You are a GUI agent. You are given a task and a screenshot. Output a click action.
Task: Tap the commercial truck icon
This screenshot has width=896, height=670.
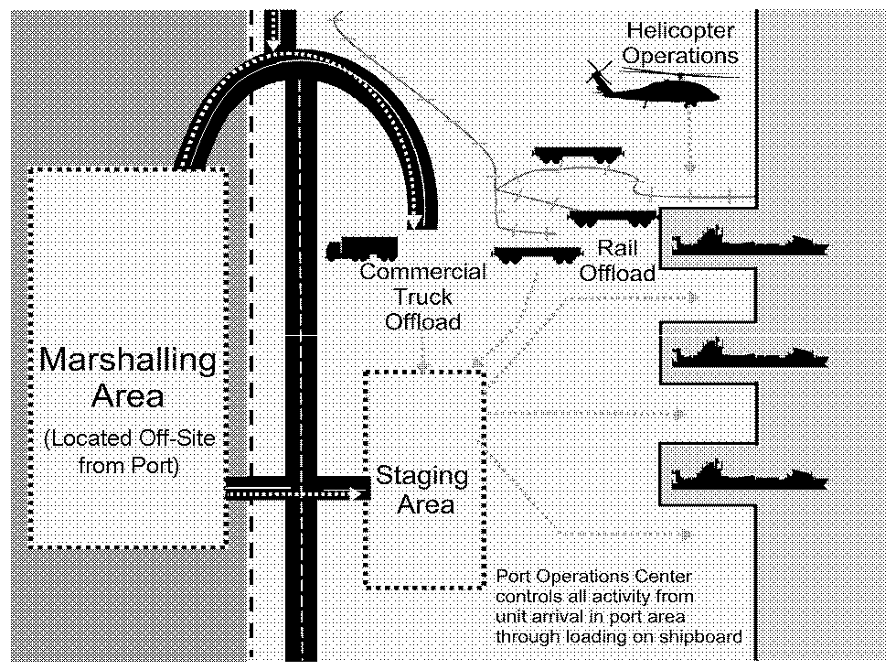point(363,248)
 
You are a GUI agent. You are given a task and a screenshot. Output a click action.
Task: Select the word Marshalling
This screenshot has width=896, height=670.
point(128,359)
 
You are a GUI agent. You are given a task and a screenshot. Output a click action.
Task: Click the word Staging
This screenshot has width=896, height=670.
point(422,477)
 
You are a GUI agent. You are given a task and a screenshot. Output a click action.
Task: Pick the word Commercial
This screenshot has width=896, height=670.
point(422,272)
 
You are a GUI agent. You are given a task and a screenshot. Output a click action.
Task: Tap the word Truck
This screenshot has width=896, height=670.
point(422,297)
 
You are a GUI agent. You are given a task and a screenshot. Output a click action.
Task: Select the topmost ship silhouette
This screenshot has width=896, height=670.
point(750,244)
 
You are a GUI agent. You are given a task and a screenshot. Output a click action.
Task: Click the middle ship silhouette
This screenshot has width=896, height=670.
point(750,354)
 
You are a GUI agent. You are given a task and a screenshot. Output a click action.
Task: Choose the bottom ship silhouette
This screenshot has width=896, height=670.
point(750,475)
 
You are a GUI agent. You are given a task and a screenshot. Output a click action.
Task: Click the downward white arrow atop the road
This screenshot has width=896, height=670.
point(273,46)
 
